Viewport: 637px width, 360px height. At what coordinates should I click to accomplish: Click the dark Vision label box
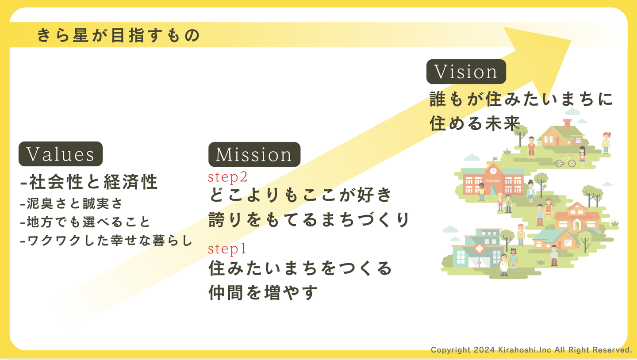(466, 72)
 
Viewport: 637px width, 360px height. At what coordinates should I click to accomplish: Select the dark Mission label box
(254, 154)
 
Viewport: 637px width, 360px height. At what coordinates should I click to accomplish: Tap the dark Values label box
(61, 154)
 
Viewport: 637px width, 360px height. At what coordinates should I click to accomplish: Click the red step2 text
(228, 177)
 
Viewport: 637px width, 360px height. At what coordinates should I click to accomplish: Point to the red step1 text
(227, 249)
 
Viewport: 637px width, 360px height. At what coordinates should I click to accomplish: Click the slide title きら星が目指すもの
(119, 35)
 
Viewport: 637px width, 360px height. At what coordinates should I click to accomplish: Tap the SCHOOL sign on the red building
(493, 181)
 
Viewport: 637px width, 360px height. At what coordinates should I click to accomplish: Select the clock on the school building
(493, 170)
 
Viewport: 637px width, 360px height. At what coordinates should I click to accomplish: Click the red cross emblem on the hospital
(479, 249)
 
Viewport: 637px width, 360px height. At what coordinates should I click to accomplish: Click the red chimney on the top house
(567, 123)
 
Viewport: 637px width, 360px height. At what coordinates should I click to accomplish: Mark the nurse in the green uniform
(514, 258)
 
